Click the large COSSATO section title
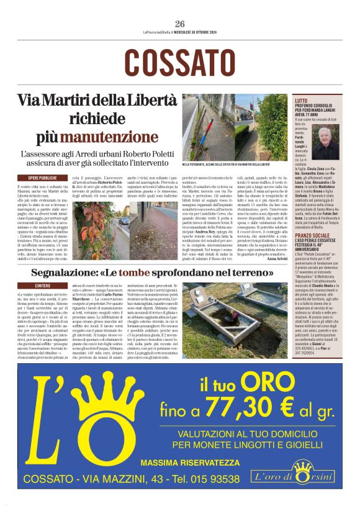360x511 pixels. click(180, 63)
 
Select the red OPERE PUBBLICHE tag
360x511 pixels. click(38, 178)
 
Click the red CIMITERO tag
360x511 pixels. click(35, 285)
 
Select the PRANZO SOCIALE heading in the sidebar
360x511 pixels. click(331, 218)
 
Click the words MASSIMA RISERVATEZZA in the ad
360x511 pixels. click(190, 463)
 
